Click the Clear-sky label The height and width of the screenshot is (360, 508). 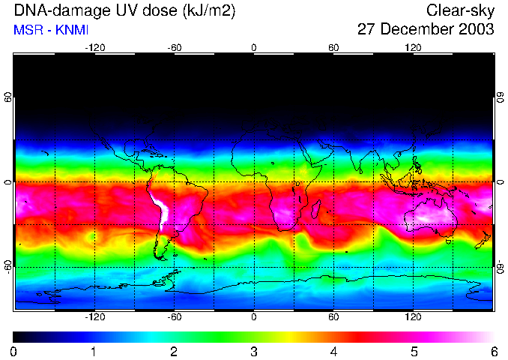click(460, 10)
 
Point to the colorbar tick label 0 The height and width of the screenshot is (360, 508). click(14, 351)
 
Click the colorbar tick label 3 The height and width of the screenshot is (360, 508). click(254, 351)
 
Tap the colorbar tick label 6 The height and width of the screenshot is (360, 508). click(493, 351)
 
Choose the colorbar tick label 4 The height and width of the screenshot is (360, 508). click(333, 351)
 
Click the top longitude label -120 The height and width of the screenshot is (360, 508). click(94, 47)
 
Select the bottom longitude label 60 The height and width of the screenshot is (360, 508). click(333, 317)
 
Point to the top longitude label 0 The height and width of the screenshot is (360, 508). click(254, 47)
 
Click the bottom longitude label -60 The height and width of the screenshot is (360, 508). click(174, 317)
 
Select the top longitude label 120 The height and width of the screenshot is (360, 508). click(413, 47)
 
